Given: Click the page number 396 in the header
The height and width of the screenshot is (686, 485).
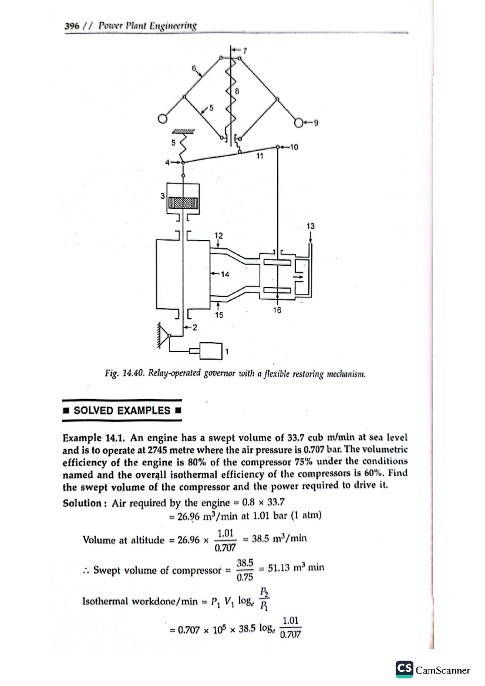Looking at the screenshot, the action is [x=72, y=26].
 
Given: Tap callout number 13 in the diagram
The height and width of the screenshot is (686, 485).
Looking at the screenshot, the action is [x=310, y=226].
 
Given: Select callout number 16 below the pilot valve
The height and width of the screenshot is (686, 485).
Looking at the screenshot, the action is [x=277, y=310].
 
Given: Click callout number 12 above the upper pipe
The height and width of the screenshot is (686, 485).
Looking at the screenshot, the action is [x=218, y=235].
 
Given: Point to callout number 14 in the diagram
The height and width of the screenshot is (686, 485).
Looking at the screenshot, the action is [x=225, y=274].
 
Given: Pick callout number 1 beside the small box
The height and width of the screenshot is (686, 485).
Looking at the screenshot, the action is [x=227, y=351].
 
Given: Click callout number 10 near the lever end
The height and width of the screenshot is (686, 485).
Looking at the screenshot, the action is [x=294, y=147].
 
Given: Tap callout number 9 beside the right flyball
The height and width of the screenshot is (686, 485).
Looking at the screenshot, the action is [x=316, y=123].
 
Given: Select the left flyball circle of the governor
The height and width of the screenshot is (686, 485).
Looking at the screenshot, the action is [x=162, y=119].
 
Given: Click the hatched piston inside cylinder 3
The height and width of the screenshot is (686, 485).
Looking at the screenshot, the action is [x=183, y=203].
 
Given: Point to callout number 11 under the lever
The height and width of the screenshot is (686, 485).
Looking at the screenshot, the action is [x=260, y=156].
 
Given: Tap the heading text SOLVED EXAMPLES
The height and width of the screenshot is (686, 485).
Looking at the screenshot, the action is [x=122, y=410].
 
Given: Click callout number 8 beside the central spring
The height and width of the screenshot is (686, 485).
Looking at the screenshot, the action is [x=237, y=91].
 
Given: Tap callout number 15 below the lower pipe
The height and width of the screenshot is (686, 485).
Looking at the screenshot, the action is [x=219, y=315].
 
